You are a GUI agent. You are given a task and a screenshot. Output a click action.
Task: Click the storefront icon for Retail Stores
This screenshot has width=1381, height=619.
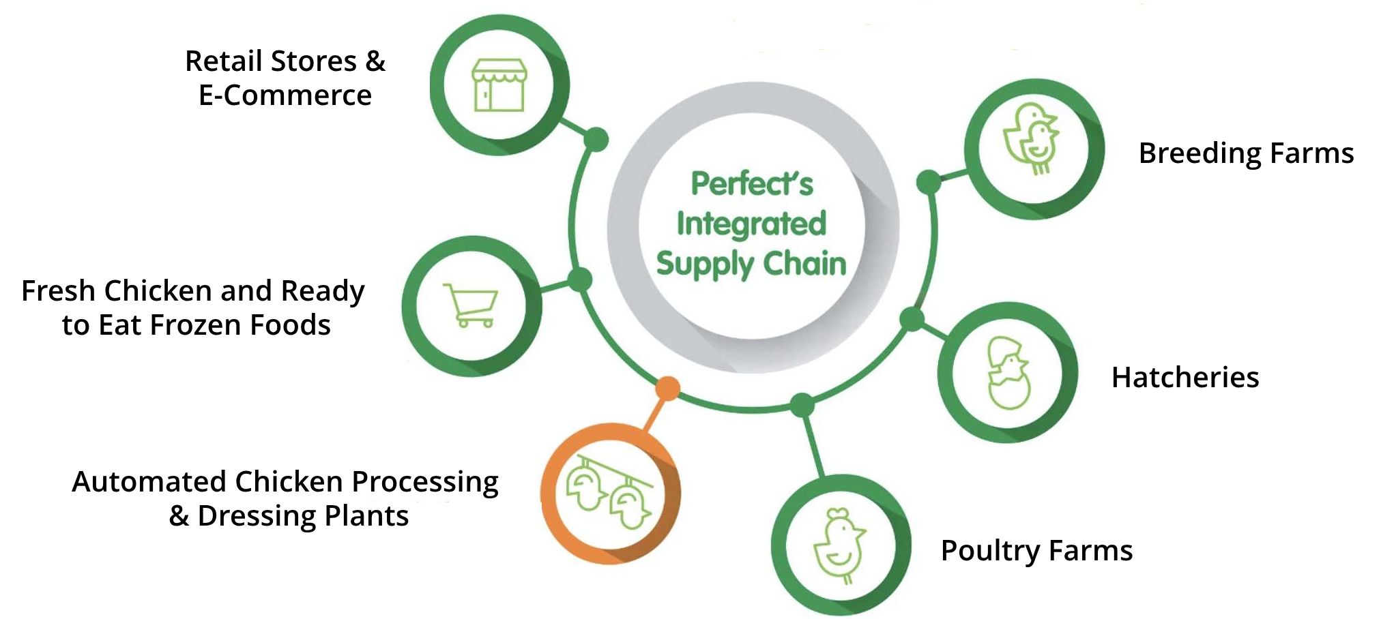tap(499, 85)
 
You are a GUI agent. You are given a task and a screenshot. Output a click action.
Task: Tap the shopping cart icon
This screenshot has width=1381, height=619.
tap(471, 305)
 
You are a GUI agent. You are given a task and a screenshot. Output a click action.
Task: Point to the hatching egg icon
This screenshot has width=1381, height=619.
tap(1008, 373)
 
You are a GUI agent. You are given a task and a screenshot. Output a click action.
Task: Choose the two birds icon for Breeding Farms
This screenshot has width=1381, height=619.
tap(1032, 139)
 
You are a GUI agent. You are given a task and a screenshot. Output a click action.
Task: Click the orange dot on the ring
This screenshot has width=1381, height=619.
tap(667, 388)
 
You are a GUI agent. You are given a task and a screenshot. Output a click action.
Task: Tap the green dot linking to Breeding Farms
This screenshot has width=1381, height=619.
tap(929, 182)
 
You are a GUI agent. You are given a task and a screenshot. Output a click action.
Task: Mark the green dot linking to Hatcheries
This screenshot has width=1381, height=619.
tap(912, 319)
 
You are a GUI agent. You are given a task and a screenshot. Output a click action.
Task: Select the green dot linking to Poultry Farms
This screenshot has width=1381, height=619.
tap(802, 405)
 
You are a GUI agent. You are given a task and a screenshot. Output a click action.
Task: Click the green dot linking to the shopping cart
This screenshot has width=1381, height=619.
tap(580, 280)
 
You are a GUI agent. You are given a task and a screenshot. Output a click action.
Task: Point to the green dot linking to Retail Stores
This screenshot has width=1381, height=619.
tap(596, 139)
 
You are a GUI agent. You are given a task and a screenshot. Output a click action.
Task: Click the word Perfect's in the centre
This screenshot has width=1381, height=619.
tap(752, 183)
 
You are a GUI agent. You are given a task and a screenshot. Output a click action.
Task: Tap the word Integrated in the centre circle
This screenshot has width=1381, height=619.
tap(751, 224)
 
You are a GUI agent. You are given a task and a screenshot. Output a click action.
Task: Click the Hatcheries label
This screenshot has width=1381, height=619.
tap(1185, 377)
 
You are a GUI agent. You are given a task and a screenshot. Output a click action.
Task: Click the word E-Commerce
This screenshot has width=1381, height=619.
tap(285, 95)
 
